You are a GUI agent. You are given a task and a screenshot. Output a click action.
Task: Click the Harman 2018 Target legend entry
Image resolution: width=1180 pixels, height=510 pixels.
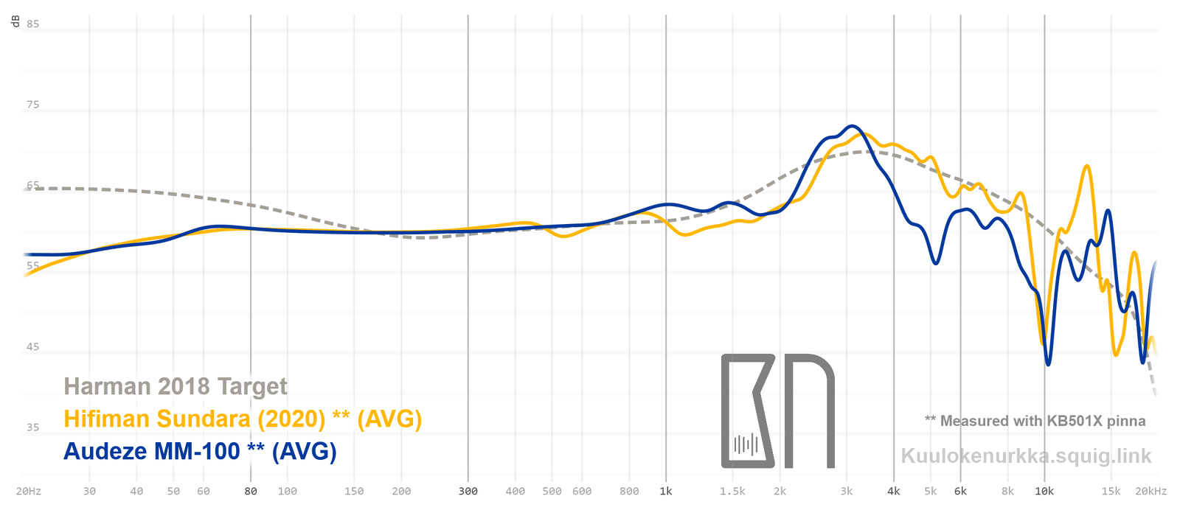coord(176,386)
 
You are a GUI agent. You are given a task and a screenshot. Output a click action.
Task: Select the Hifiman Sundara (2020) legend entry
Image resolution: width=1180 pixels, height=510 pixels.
coord(243,419)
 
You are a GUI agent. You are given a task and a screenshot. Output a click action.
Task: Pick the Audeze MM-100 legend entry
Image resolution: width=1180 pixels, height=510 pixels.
coord(200,451)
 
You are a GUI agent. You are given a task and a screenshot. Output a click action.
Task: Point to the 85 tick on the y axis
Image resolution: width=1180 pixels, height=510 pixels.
coord(32,24)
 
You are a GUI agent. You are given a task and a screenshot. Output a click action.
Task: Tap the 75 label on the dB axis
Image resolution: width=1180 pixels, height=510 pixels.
coord(32,105)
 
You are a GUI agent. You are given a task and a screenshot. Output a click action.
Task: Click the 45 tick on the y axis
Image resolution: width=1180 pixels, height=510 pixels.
coord(32,346)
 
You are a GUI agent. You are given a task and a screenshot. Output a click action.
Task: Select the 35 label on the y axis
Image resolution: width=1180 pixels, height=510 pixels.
coord(32,427)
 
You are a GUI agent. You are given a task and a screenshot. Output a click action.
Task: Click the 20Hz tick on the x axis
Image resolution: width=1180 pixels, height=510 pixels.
coord(28,491)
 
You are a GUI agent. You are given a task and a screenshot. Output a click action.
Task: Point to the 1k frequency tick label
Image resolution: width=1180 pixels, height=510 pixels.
coord(666,491)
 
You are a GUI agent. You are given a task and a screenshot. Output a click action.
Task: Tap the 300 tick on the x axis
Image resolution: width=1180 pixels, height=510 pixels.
coord(468,491)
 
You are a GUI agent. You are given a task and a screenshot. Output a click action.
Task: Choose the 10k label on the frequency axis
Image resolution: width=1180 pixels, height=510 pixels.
coord(1044,491)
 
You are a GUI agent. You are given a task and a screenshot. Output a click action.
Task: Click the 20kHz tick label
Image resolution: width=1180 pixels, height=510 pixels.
coord(1150,491)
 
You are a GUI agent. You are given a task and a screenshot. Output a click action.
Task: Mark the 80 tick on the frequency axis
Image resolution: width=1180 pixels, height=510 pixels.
coord(251,491)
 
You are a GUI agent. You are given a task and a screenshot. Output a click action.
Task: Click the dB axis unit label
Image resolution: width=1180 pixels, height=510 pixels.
coord(15,21)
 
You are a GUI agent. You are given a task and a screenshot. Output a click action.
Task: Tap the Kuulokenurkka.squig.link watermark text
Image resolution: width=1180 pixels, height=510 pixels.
coord(1026,456)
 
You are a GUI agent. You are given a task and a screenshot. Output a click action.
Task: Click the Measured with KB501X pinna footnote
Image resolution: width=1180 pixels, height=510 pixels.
coord(1035,421)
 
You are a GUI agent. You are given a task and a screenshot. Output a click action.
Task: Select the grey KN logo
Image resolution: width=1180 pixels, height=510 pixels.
coord(777,411)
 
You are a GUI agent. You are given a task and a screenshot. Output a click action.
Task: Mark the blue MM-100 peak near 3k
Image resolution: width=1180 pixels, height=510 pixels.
coord(852,126)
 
